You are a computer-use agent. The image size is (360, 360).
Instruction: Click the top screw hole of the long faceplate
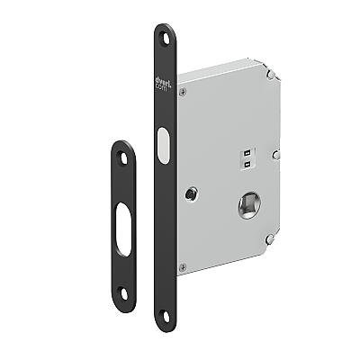pyautogui.click(x=165, y=38)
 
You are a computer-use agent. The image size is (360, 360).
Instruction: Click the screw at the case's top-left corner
pyautogui.click(x=183, y=89)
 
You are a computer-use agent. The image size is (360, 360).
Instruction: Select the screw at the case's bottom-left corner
pyautogui.click(x=183, y=266)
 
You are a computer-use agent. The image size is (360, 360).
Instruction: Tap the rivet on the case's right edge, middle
pyautogui.click(x=277, y=154)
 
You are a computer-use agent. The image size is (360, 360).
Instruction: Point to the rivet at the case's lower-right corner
pyautogui.click(x=269, y=238)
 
